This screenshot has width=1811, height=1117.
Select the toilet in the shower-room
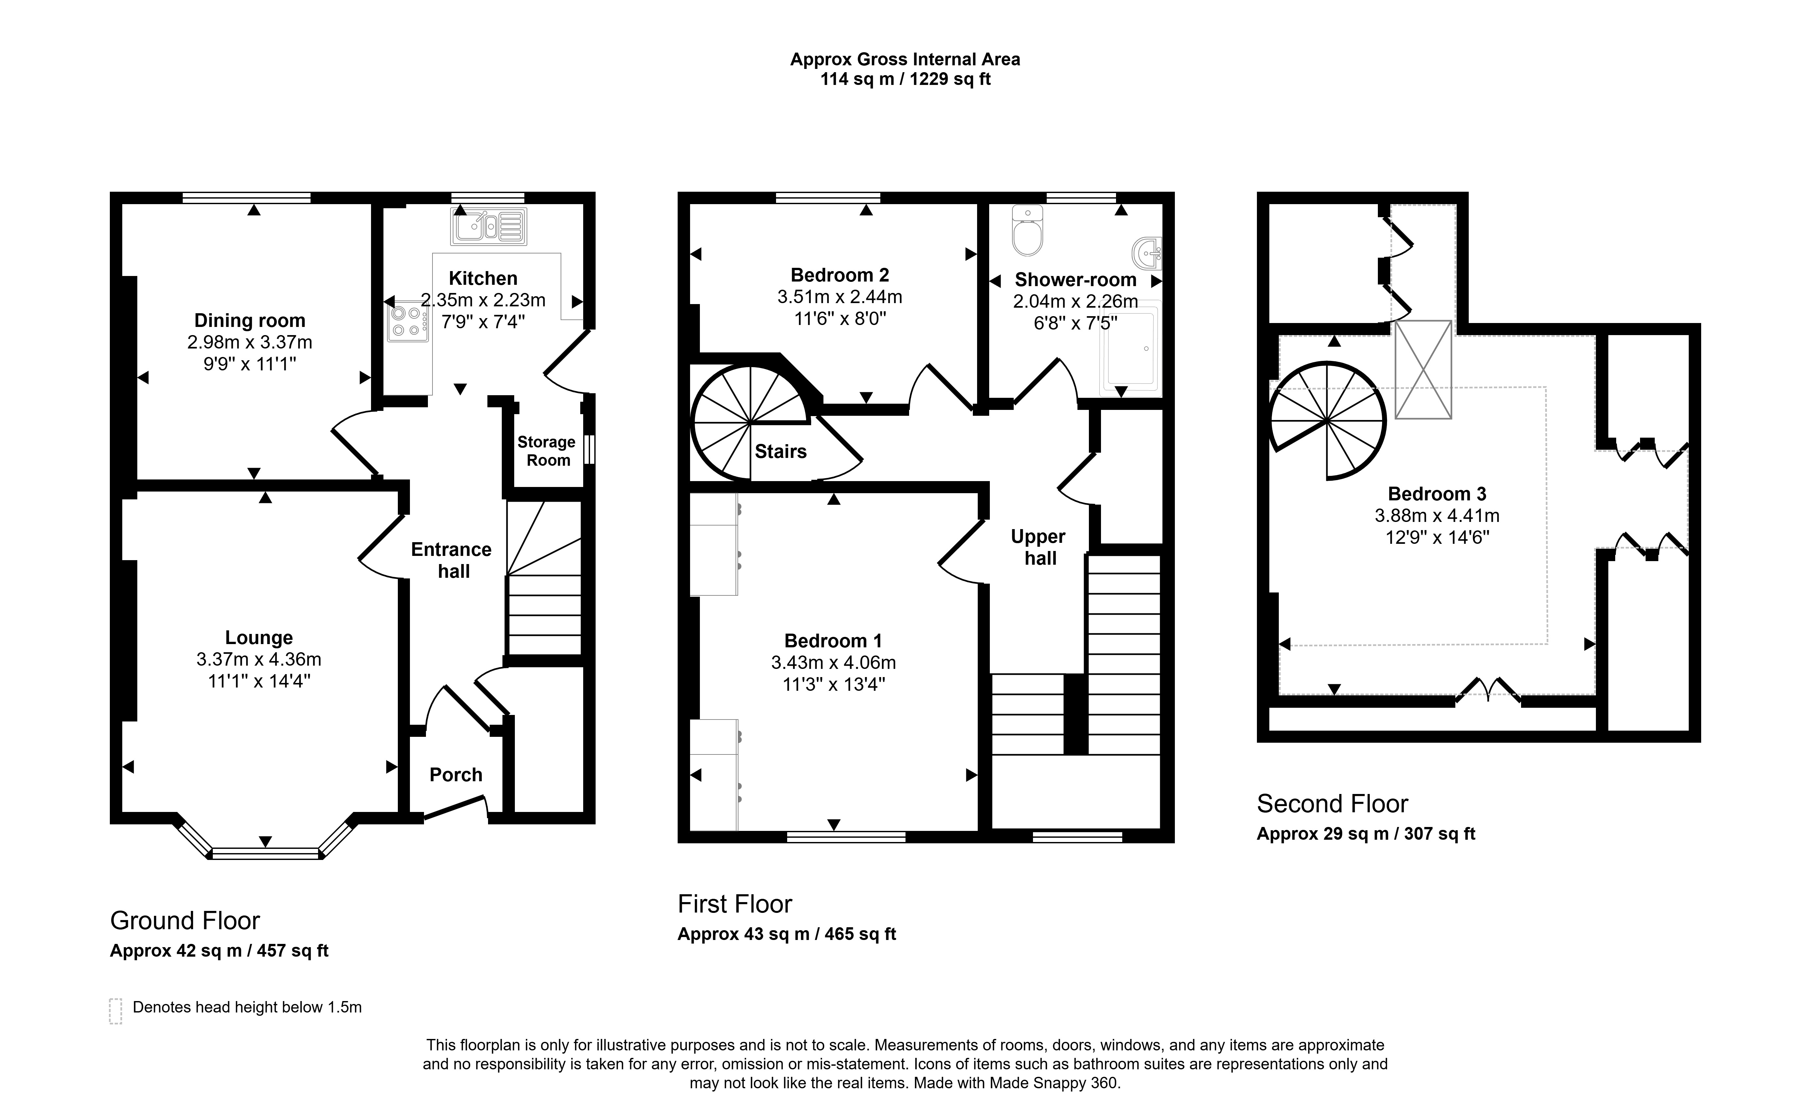tap(1027, 231)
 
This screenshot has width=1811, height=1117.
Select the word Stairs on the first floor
tap(781, 451)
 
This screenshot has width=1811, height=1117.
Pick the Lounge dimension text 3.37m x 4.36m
tap(259, 659)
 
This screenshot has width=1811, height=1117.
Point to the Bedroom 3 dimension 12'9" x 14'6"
tap(1437, 537)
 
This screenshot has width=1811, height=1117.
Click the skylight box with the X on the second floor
tap(1423, 369)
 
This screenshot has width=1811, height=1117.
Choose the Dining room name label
tap(250, 321)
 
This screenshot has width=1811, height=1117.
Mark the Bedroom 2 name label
tap(840, 275)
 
